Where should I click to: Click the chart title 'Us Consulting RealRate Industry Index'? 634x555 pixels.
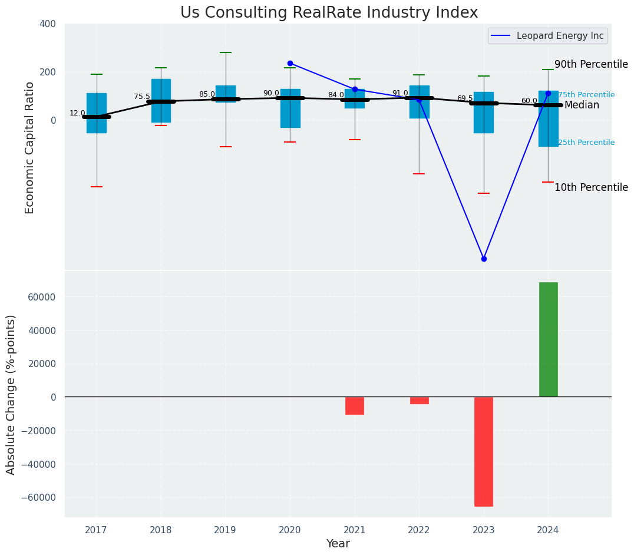[x=329, y=13]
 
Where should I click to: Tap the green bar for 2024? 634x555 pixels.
[x=548, y=339]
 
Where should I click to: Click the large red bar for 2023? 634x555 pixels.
[x=483, y=451]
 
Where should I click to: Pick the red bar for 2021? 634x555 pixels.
[x=354, y=405]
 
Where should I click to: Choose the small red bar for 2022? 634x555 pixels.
[x=419, y=400]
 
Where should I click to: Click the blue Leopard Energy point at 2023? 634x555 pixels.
[x=484, y=259]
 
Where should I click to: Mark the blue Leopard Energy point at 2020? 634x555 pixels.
[x=290, y=63]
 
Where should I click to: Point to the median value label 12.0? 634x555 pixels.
[x=77, y=113]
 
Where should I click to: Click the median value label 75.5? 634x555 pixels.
[x=142, y=97]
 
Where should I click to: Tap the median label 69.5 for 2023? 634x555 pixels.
[x=465, y=98]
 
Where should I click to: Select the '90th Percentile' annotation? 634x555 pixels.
[x=591, y=65]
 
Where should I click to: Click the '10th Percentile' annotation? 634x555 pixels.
[x=591, y=187]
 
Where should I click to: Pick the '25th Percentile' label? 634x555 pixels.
[x=586, y=143]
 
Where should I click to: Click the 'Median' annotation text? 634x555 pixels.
[x=582, y=105]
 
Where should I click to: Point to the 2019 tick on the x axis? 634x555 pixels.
[x=225, y=530]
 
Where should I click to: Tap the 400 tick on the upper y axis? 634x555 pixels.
[x=48, y=24]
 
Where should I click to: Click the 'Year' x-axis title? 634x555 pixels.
[x=338, y=544]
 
